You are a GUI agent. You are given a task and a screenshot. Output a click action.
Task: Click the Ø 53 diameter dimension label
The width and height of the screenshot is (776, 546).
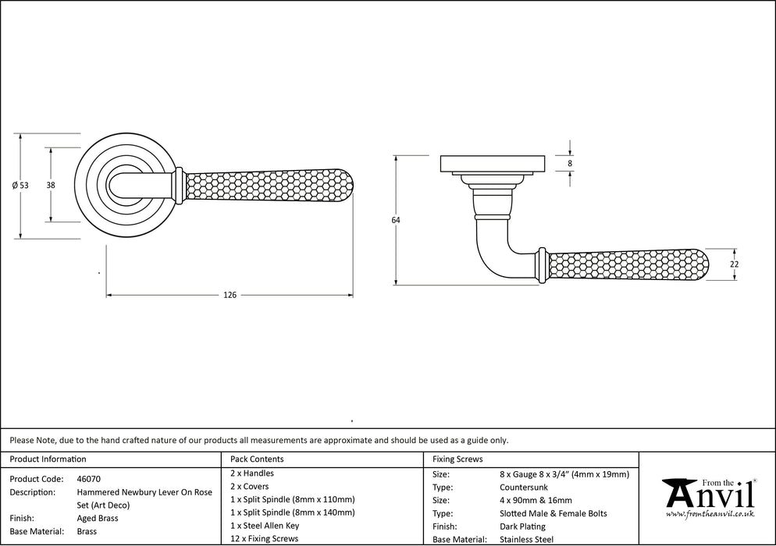click(20, 185)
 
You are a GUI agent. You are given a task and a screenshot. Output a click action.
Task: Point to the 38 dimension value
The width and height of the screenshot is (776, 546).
click(51, 185)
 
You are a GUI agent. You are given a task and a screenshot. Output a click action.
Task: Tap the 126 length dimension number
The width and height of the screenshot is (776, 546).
click(230, 295)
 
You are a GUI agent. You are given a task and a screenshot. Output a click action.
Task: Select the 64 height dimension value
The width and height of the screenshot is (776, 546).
click(396, 221)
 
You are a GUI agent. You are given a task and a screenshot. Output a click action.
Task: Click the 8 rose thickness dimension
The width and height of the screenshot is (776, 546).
click(570, 163)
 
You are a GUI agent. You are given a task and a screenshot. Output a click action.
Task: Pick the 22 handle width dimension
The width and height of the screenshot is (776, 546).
click(734, 264)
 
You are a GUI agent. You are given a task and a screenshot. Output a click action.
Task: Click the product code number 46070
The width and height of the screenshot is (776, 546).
click(89, 479)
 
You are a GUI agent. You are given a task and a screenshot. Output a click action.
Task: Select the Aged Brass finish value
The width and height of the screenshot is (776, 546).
click(98, 518)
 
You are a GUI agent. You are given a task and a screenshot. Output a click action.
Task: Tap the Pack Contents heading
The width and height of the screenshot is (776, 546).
click(258, 459)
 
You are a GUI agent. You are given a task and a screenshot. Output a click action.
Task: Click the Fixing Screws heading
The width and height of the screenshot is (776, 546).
click(458, 459)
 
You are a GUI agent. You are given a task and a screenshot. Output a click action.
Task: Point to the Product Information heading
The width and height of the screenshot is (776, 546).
click(48, 459)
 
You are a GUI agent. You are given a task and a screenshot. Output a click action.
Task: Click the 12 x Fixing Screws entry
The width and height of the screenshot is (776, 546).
click(265, 539)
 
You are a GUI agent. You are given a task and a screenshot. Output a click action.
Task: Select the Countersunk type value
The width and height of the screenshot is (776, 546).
click(523, 487)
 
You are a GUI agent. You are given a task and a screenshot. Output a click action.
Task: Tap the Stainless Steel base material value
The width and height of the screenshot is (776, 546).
click(527, 539)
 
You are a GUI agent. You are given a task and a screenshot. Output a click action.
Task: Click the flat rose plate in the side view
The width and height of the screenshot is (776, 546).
click(493, 164)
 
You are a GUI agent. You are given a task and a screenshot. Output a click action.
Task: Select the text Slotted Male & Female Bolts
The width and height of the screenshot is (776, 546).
click(553, 513)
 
